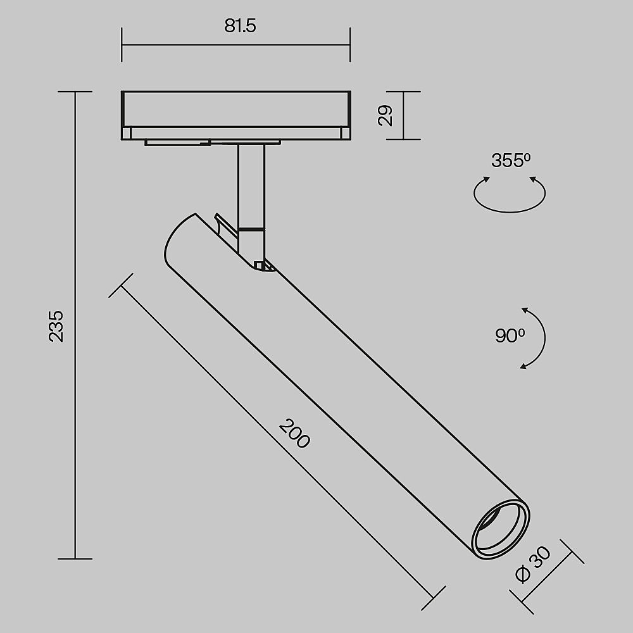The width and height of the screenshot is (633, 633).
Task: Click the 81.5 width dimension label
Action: click(240, 26)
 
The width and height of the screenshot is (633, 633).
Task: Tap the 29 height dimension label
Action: click(385, 115)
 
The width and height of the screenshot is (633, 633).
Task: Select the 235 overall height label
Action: click(56, 326)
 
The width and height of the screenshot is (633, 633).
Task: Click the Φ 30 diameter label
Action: click(533, 564)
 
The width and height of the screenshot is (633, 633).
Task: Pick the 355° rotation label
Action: click(511, 160)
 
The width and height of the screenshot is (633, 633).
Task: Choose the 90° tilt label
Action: click(510, 335)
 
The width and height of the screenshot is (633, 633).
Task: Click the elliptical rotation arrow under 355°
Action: click(510, 211)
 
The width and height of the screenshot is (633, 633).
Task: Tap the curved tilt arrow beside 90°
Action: click(544, 337)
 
